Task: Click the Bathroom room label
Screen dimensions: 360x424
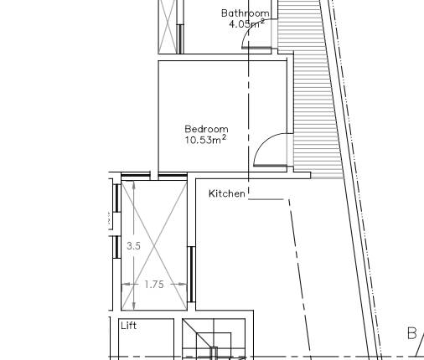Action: click(x=246, y=13)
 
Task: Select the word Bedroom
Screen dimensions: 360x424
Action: click(x=206, y=129)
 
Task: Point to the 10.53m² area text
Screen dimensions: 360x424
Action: click(x=205, y=140)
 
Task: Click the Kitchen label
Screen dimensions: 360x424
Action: click(x=227, y=193)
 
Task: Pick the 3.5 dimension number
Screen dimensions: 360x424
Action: click(x=133, y=246)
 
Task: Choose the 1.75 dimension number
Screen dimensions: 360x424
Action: click(x=154, y=285)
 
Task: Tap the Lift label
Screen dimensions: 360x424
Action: click(x=128, y=325)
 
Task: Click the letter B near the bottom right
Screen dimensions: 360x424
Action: click(x=411, y=334)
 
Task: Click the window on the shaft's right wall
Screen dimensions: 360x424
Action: click(x=191, y=273)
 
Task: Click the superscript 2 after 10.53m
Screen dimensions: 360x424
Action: click(x=224, y=136)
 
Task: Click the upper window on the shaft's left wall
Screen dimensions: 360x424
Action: click(x=116, y=198)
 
